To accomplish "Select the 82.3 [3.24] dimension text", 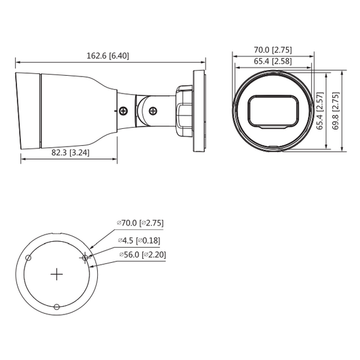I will coord(69,152).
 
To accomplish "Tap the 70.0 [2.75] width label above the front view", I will coord(273,49).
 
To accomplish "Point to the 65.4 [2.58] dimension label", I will coord(273,61).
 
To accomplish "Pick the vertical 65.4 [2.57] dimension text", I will coord(320,111).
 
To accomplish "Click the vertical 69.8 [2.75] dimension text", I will coord(335,111).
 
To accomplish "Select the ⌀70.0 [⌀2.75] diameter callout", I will coord(140,222).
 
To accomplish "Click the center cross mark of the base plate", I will coord(57,274).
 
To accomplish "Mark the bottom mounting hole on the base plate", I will coord(57,307).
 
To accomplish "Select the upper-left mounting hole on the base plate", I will coord(28,258).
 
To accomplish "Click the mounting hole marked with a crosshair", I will coord(85,257).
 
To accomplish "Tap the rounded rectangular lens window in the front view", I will coord(273,111).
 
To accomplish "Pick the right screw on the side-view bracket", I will coord(153,111).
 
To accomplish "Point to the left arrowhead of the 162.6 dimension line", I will coord(17,62).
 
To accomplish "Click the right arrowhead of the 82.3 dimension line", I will coord(116,159).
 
